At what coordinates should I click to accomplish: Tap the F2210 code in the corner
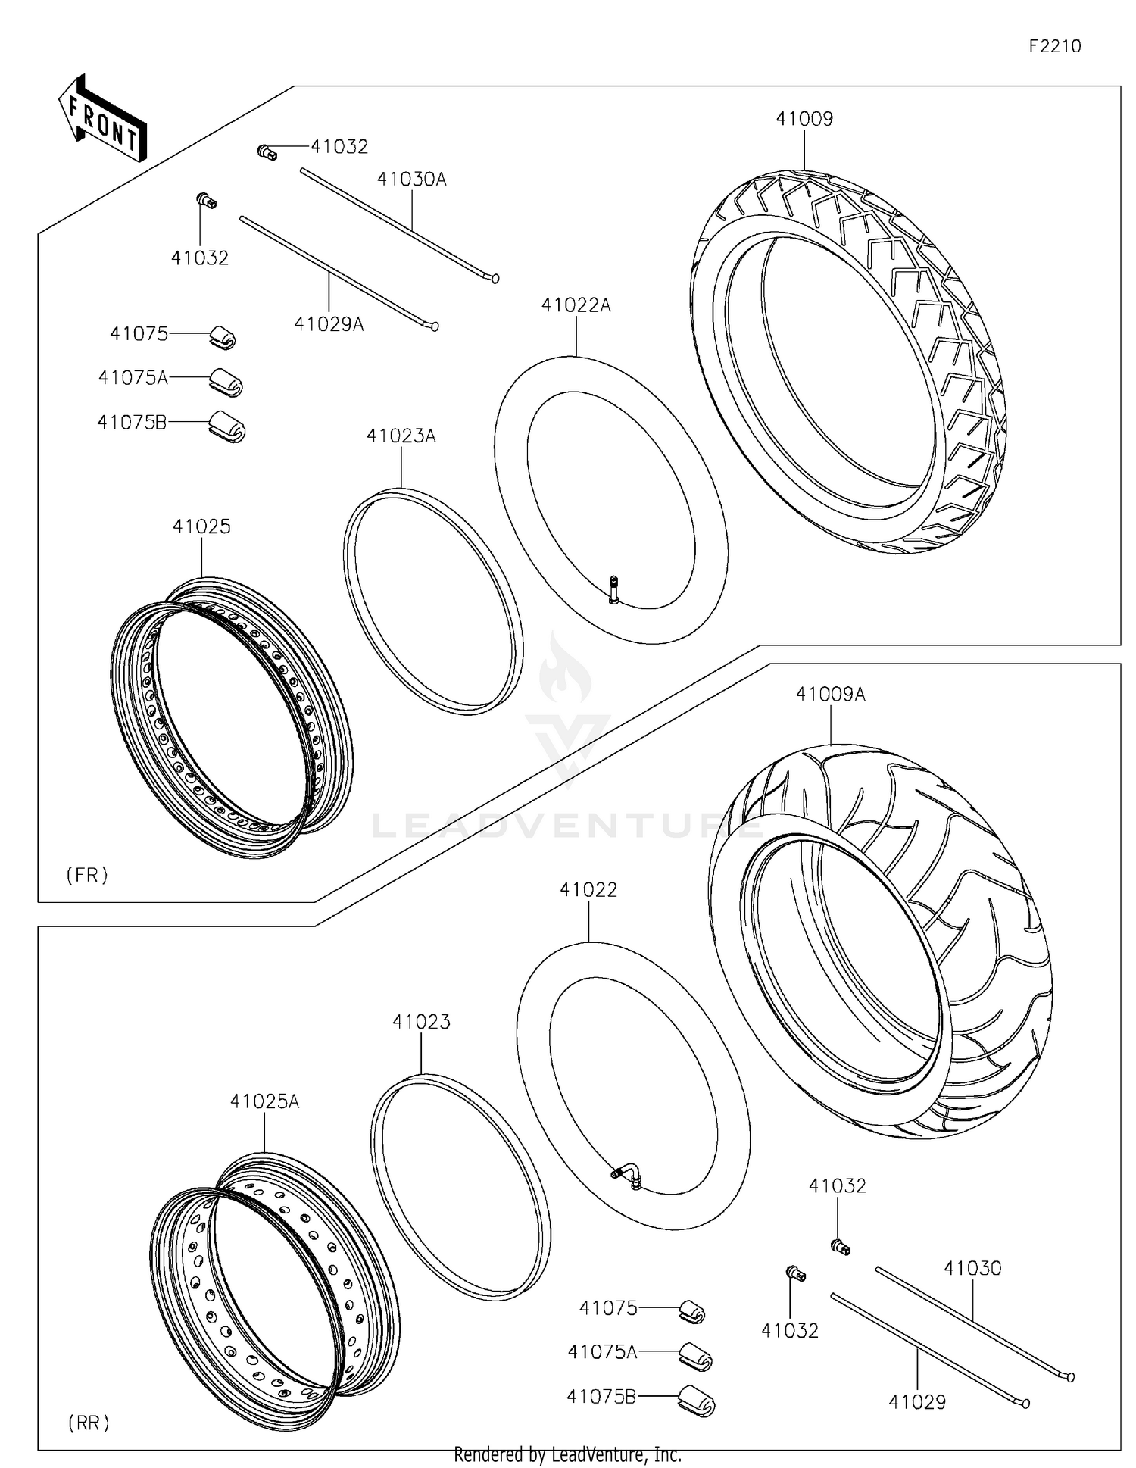(x=1054, y=46)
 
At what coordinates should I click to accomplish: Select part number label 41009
(x=804, y=119)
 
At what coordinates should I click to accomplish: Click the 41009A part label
(x=830, y=694)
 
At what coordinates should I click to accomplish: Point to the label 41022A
(x=576, y=305)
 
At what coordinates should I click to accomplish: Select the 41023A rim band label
(x=401, y=436)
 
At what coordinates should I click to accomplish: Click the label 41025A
(x=264, y=1101)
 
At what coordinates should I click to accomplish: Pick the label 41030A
(x=411, y=180)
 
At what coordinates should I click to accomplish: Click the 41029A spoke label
(x=329, y=324)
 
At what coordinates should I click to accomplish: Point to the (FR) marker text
(x=87, y=875)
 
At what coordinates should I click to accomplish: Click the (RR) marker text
(x=89, y=1423)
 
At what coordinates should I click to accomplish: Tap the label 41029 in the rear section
(x=916, y=1402)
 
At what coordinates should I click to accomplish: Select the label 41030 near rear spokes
(x=972, y=1268)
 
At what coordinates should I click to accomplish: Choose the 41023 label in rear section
(x=421, y=1022)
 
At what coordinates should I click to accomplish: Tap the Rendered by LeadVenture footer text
(x=567, y=1454)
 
